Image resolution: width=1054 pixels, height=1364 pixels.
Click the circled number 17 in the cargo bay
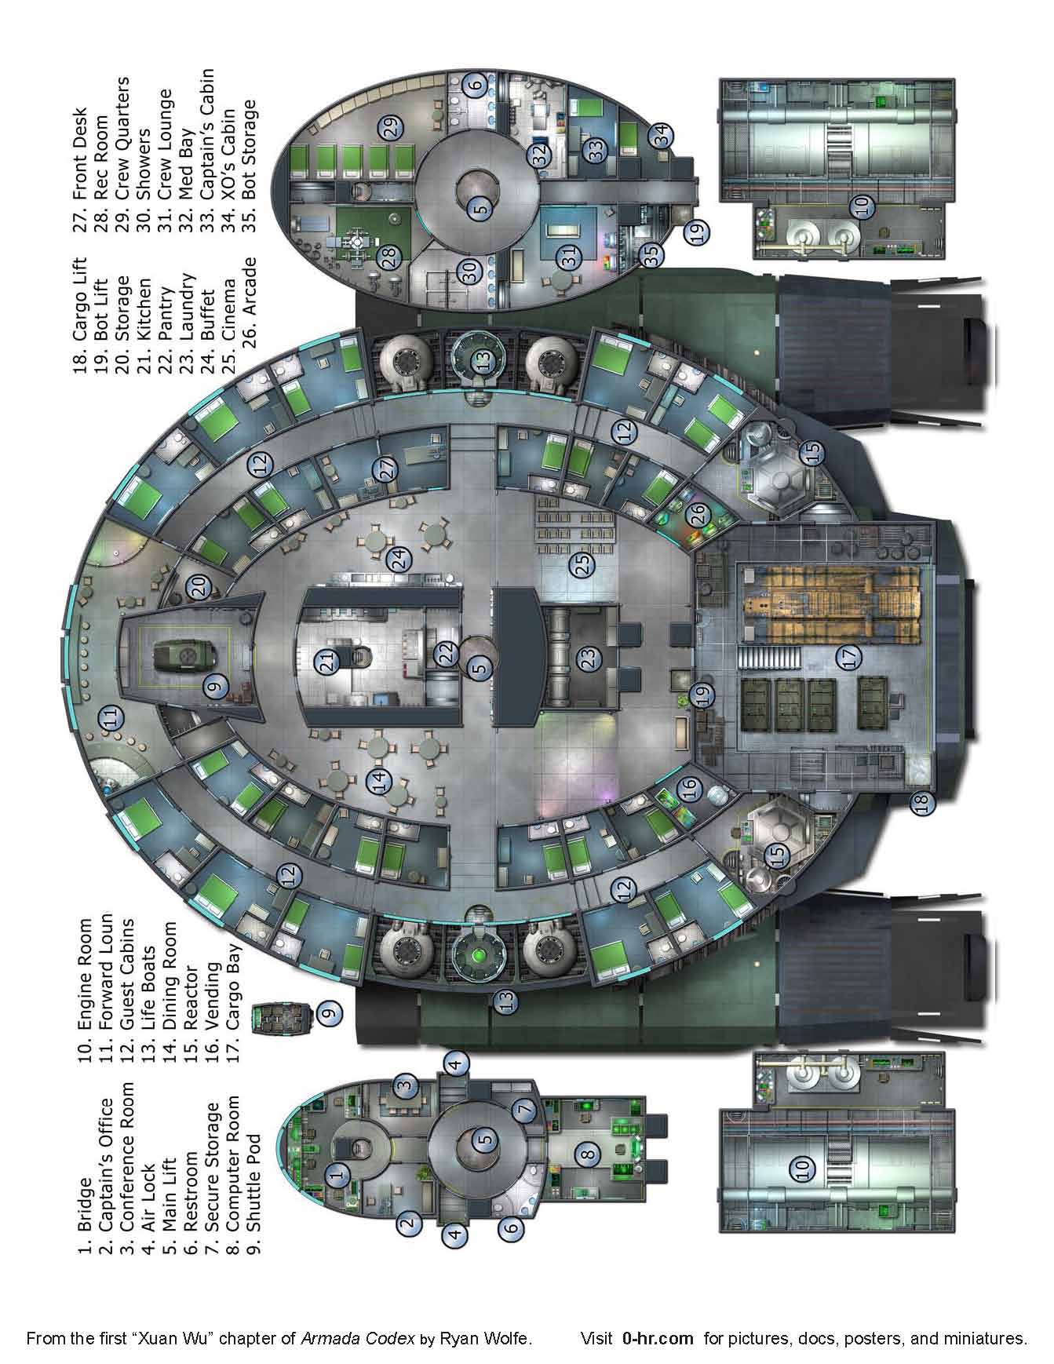[849, 658]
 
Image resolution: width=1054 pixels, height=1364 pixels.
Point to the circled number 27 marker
[385, 469]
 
